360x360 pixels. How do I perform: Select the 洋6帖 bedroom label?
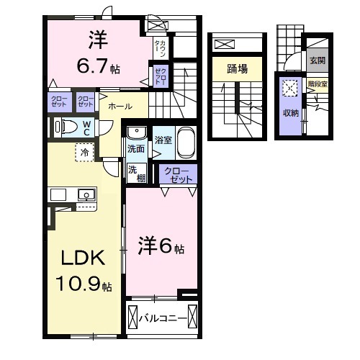pos(161,247)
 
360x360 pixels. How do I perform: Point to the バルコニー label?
pos(164,318)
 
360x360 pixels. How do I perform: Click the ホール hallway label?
pos(120,107)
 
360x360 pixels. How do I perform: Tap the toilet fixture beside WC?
pos(67,127)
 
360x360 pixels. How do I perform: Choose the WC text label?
pos(86,127)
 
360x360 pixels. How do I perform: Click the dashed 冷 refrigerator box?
pos(85,153)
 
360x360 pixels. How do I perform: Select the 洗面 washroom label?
pos(135,148)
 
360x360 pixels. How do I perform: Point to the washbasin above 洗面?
pos(135,133)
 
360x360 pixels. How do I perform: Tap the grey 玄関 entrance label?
pos(317,61)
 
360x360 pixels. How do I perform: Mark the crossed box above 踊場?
pos(225,45)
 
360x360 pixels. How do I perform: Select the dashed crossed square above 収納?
pos(291,89)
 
